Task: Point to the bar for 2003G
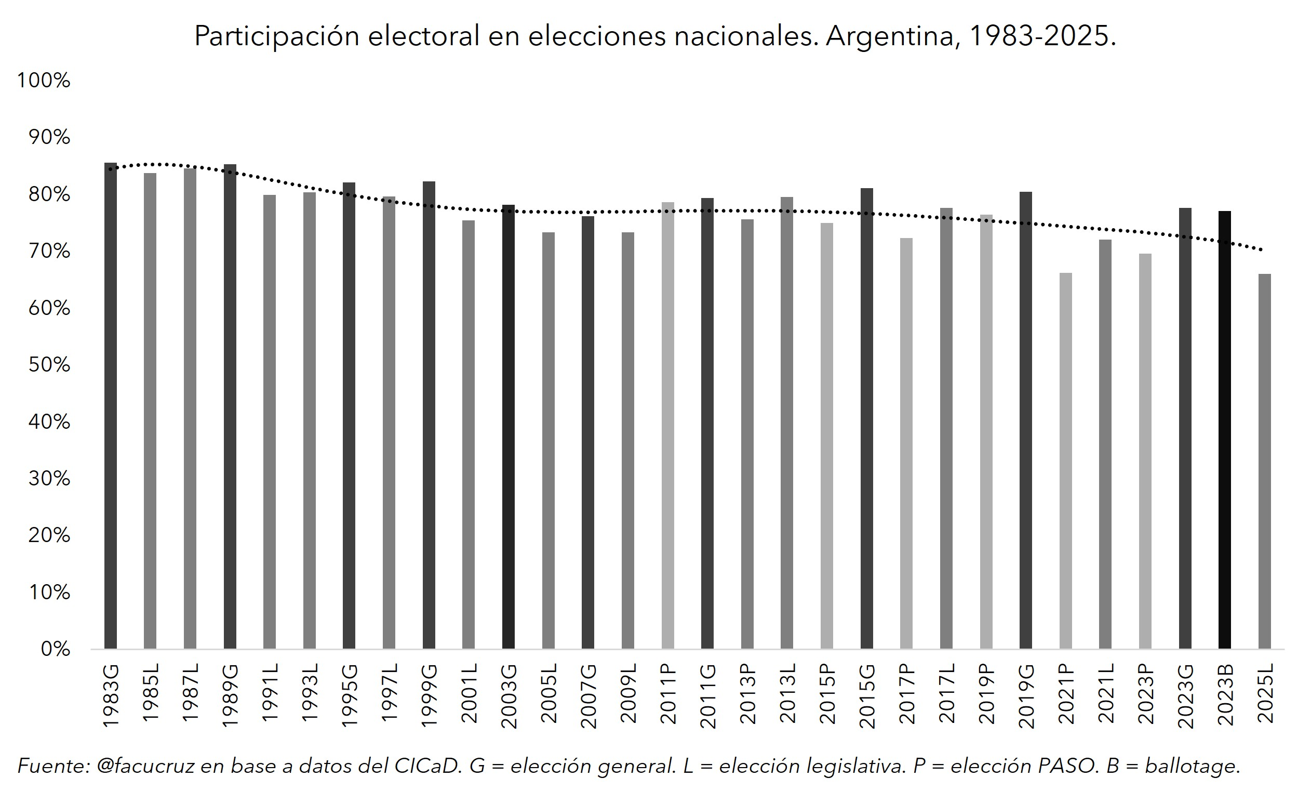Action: pos(508,426)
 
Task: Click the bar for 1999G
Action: pos(429,415)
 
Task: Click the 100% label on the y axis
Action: pos(44,81)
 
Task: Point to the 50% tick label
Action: pos(49,365)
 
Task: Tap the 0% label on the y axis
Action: pos(56,649)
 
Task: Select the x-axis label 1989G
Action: pos(230,695)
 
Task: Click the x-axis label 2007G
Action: pos(588,696)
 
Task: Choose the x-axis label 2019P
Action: pos(986,694)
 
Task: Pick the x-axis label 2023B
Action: pos(1225,695)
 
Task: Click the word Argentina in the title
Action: pos(893,36)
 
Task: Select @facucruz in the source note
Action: pos(145,766)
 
